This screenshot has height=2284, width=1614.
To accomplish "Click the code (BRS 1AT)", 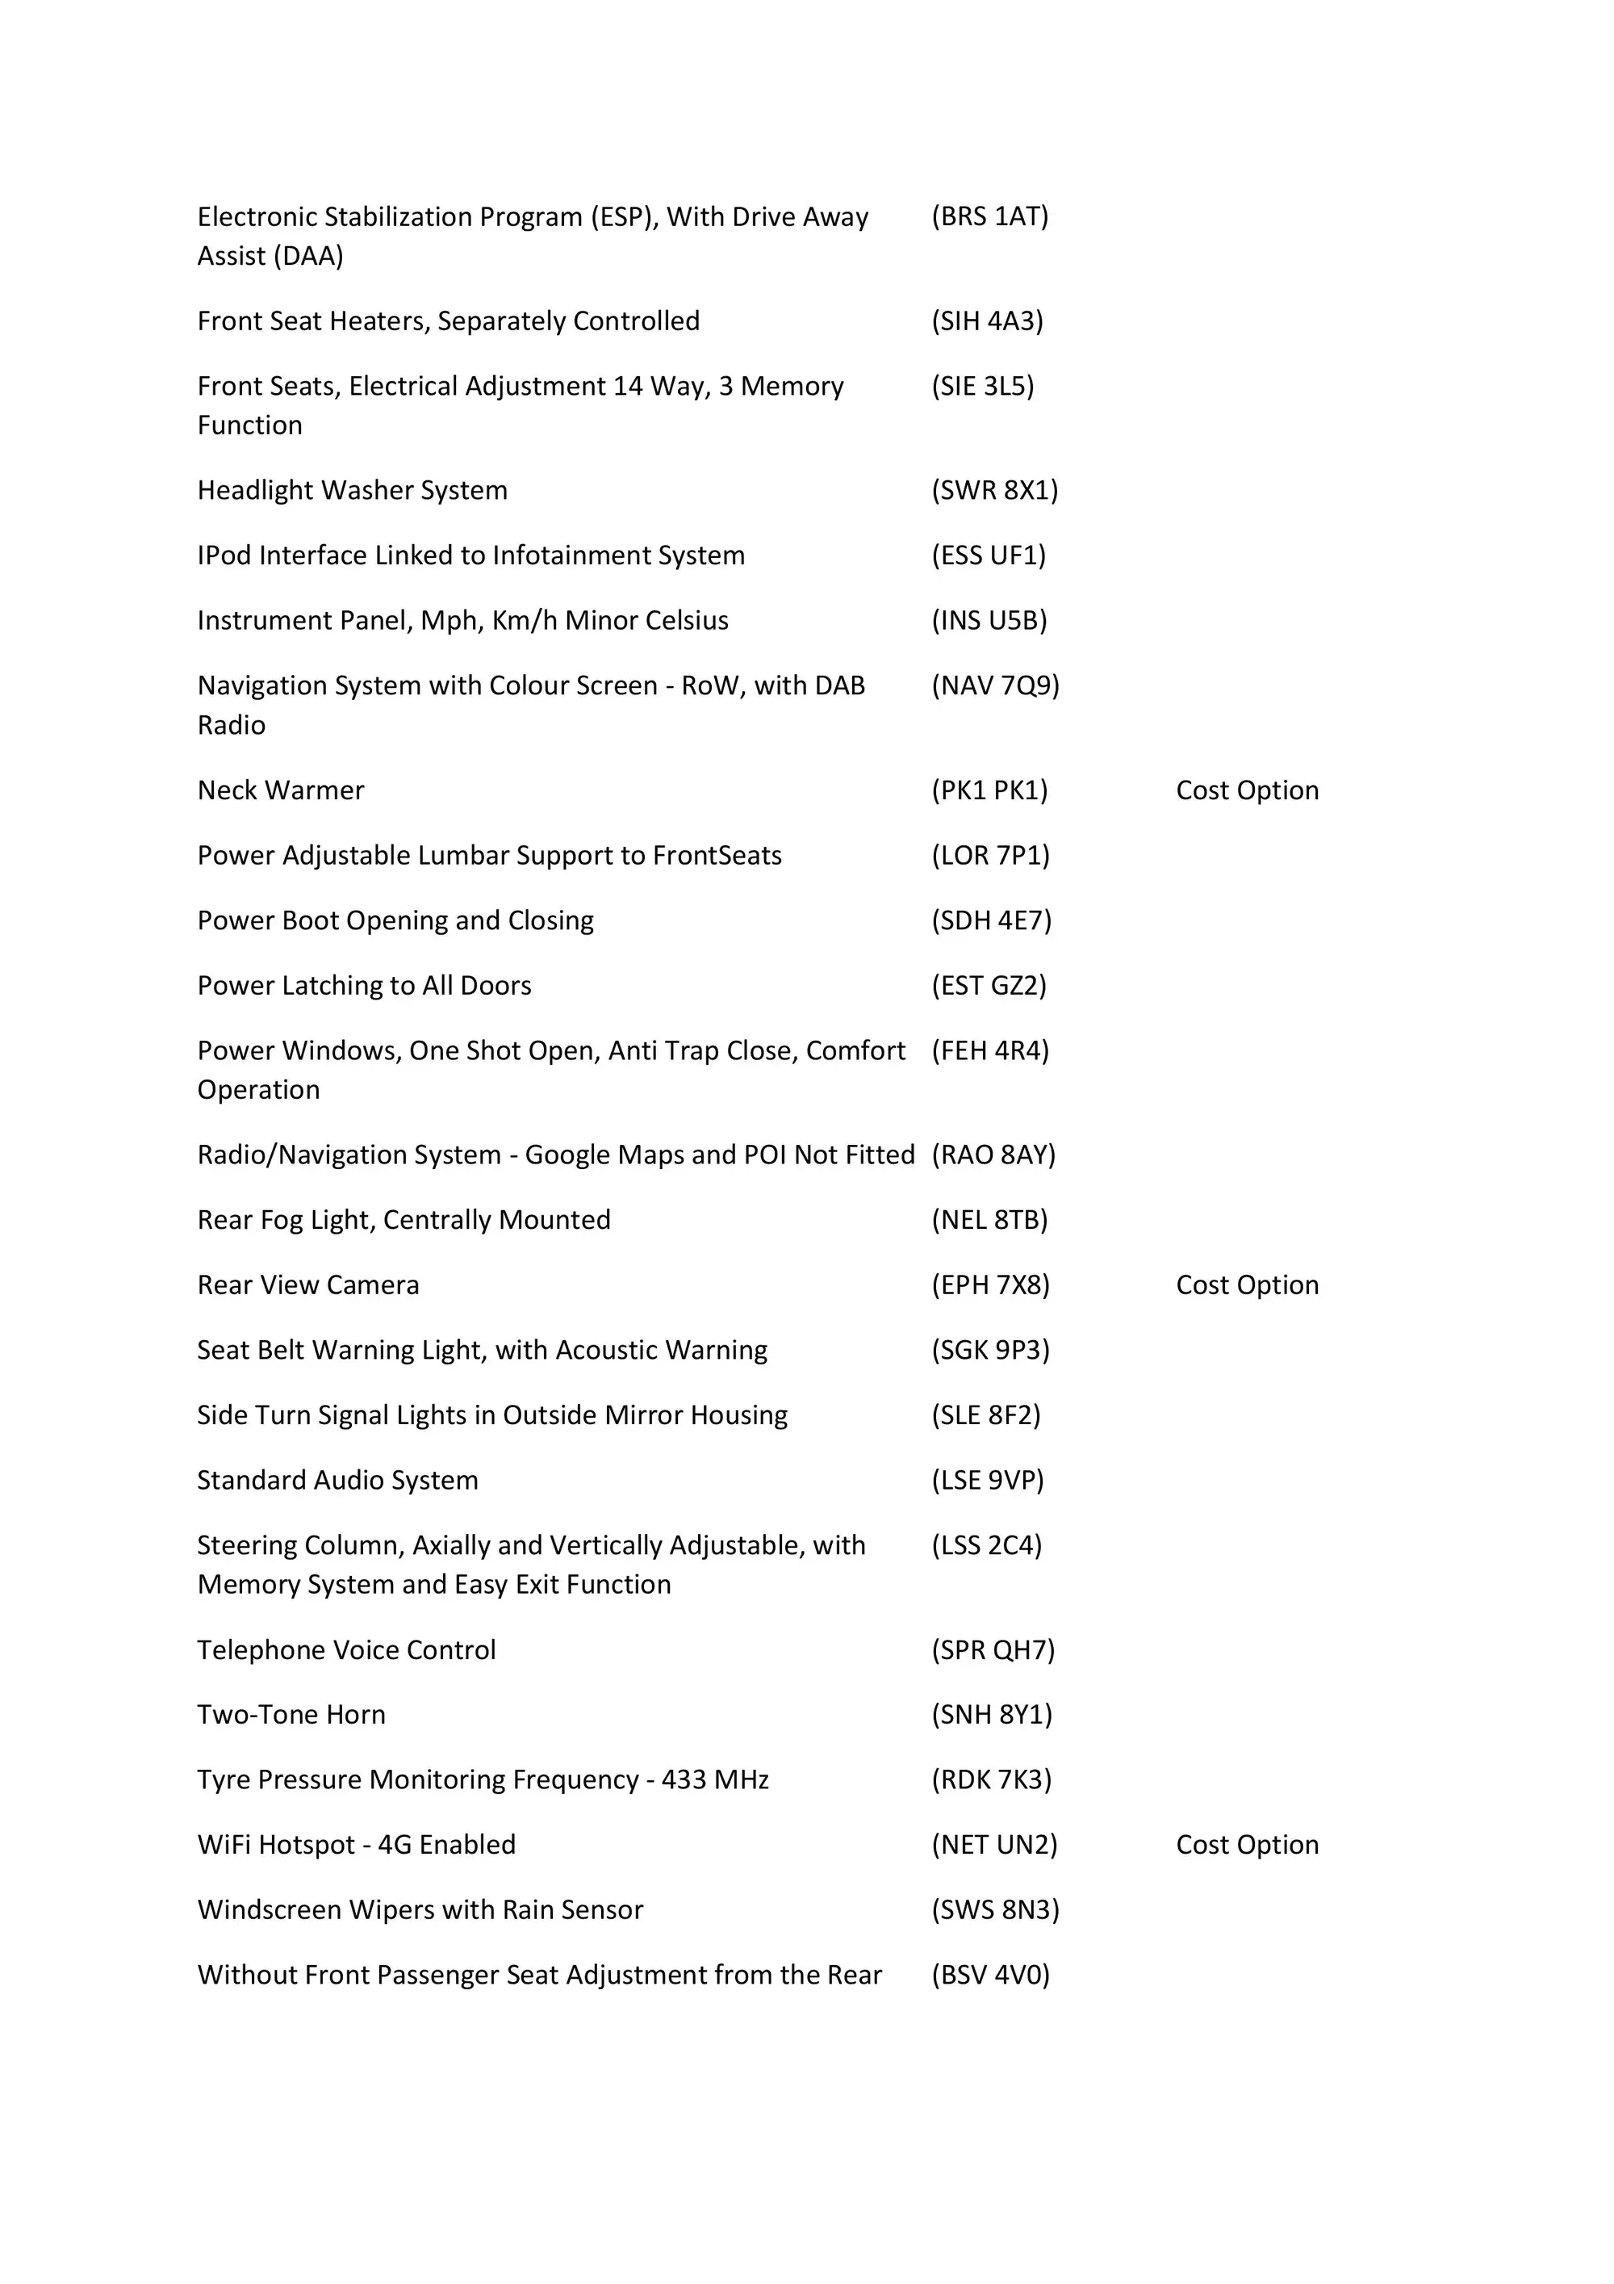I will click(989, 217).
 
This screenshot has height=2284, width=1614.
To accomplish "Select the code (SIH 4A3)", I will click(986, 321).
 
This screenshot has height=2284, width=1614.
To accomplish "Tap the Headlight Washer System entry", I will click(352, 490).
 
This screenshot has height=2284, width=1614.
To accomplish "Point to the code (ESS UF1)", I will click(989, 555).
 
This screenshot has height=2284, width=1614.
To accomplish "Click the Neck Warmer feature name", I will click(281, 790).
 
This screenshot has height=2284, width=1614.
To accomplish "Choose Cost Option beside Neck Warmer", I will click(1247, 790).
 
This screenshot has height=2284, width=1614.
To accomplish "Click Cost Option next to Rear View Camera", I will click(1247, 1284).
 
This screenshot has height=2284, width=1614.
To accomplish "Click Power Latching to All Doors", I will click(364, 985).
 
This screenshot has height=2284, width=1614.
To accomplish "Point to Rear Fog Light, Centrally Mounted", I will click(403, 1220).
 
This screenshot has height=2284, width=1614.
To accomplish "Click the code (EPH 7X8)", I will click(990, 1284).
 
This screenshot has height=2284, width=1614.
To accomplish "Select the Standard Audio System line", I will click(337, 1480).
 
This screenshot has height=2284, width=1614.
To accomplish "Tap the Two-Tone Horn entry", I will click(291, 1714).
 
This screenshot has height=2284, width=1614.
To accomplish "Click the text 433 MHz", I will click(715, 1779).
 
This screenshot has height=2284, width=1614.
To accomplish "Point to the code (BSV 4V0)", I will click(990, 1975).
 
